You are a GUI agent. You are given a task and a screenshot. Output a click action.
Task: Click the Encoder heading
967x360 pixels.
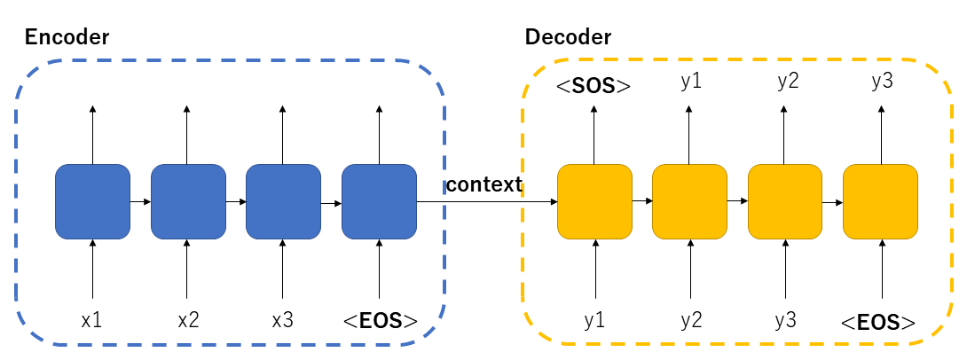tap(67, 37)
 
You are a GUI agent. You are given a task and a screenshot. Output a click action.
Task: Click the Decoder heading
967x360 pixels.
tap(568, 37)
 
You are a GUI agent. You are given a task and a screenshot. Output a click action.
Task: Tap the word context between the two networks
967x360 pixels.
tap(483, 184)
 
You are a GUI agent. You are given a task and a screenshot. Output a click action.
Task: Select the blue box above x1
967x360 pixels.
tap(92, 201)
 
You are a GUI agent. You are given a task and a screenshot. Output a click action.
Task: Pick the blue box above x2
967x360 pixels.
tap(187, 201)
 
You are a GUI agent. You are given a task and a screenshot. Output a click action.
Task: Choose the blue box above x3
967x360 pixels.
tap(282, 201)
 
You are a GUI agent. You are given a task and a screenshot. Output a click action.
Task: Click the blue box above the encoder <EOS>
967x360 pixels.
tap(379, 201)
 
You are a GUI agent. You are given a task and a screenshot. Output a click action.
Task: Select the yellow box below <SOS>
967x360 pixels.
tap(594, 201)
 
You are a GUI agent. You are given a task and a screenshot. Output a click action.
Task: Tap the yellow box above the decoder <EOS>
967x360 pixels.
tap(881, 201)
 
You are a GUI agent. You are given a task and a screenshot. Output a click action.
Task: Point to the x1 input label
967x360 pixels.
tap(92, 320)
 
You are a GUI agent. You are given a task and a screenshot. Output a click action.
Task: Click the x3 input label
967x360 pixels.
tap(282, 320)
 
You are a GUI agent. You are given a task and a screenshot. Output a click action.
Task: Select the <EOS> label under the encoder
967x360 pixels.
tap(380, 320)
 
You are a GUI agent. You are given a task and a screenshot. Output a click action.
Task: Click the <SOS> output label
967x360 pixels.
tap(594, 86)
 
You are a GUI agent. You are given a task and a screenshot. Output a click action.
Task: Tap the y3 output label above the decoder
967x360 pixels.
tap(881, 82)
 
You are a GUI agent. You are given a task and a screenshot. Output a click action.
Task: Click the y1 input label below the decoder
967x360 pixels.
tap(594, 320)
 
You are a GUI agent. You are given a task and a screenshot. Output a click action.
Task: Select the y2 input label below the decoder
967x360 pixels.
tap(691, 320)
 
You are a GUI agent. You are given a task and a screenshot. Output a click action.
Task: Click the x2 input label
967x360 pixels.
tap(187, 320)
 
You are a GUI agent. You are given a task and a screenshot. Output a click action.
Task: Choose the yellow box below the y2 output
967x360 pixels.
tap(786, 201)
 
